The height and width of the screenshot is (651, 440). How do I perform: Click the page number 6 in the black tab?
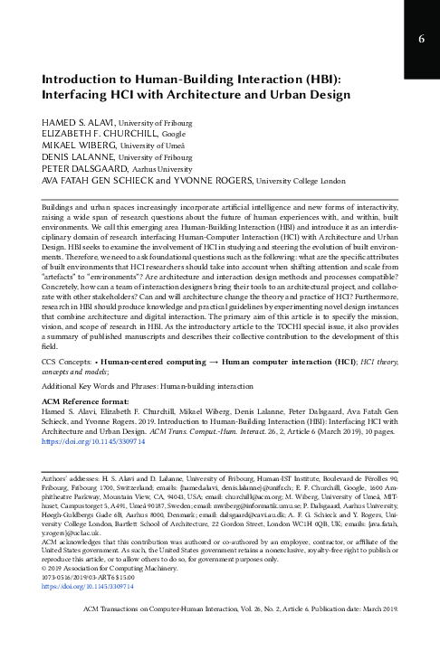420,39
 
